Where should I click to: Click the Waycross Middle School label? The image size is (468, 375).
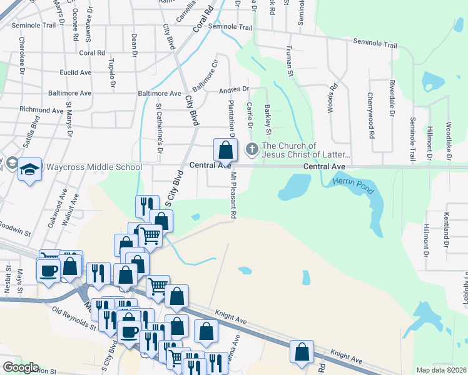[94, 167]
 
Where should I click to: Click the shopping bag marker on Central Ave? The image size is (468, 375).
[225, 151]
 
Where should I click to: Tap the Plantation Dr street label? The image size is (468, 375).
[231, 119]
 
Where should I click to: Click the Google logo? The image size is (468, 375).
[21, 367]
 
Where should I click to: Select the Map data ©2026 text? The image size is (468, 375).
[442, 370]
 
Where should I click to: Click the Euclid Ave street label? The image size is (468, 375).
[75, 72]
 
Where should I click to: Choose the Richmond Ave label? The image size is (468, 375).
[41, 110]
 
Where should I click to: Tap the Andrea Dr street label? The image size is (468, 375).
[234, 90]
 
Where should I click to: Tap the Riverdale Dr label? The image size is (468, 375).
[392, 98]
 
